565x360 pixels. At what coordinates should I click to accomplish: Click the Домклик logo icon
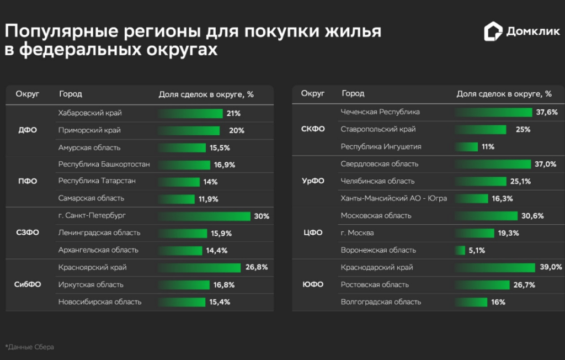(x=493, y=31)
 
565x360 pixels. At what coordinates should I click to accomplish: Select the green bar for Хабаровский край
(x=190, y=113)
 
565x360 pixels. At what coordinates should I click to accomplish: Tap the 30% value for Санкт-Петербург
(x=261, y=216)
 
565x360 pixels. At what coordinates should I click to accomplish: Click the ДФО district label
(x=27, y=130)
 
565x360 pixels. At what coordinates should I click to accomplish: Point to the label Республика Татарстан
(x=97, y=181)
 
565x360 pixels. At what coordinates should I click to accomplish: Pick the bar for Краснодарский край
(x=495, y=268)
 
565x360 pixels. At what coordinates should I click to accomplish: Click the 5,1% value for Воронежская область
(x=477, y=250)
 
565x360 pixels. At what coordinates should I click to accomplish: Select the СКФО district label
(x=313, y=129)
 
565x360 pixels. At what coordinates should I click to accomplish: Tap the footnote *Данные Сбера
(x=30, y=347)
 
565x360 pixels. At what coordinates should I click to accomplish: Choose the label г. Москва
(x=357, y=233)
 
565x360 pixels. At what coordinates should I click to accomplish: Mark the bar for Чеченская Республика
(x=493, y=112)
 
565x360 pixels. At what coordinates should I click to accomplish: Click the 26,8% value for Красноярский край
(x=257, y=267)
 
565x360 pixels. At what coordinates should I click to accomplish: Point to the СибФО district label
(x=27, y=285)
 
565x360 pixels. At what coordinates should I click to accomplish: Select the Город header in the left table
(x=71, y=94)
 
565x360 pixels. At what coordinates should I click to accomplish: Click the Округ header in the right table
(x=312, y=93)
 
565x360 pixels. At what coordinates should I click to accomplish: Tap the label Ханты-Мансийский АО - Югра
(x=393, y=198)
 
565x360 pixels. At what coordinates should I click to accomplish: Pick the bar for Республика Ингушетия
(x=466, y=147)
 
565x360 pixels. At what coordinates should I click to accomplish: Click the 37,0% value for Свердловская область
(x=546, y=164)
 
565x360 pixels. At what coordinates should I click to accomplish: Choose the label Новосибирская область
(x=100, y=302)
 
